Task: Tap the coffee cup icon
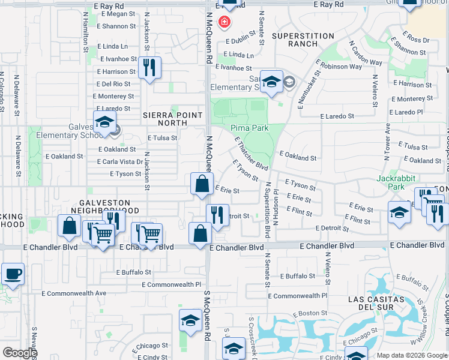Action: point(13,275)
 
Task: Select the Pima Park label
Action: point(250,128)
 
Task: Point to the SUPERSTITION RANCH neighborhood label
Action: point(303,40)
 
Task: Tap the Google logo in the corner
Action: point(20,353)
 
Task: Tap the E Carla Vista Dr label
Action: point(121,162)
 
